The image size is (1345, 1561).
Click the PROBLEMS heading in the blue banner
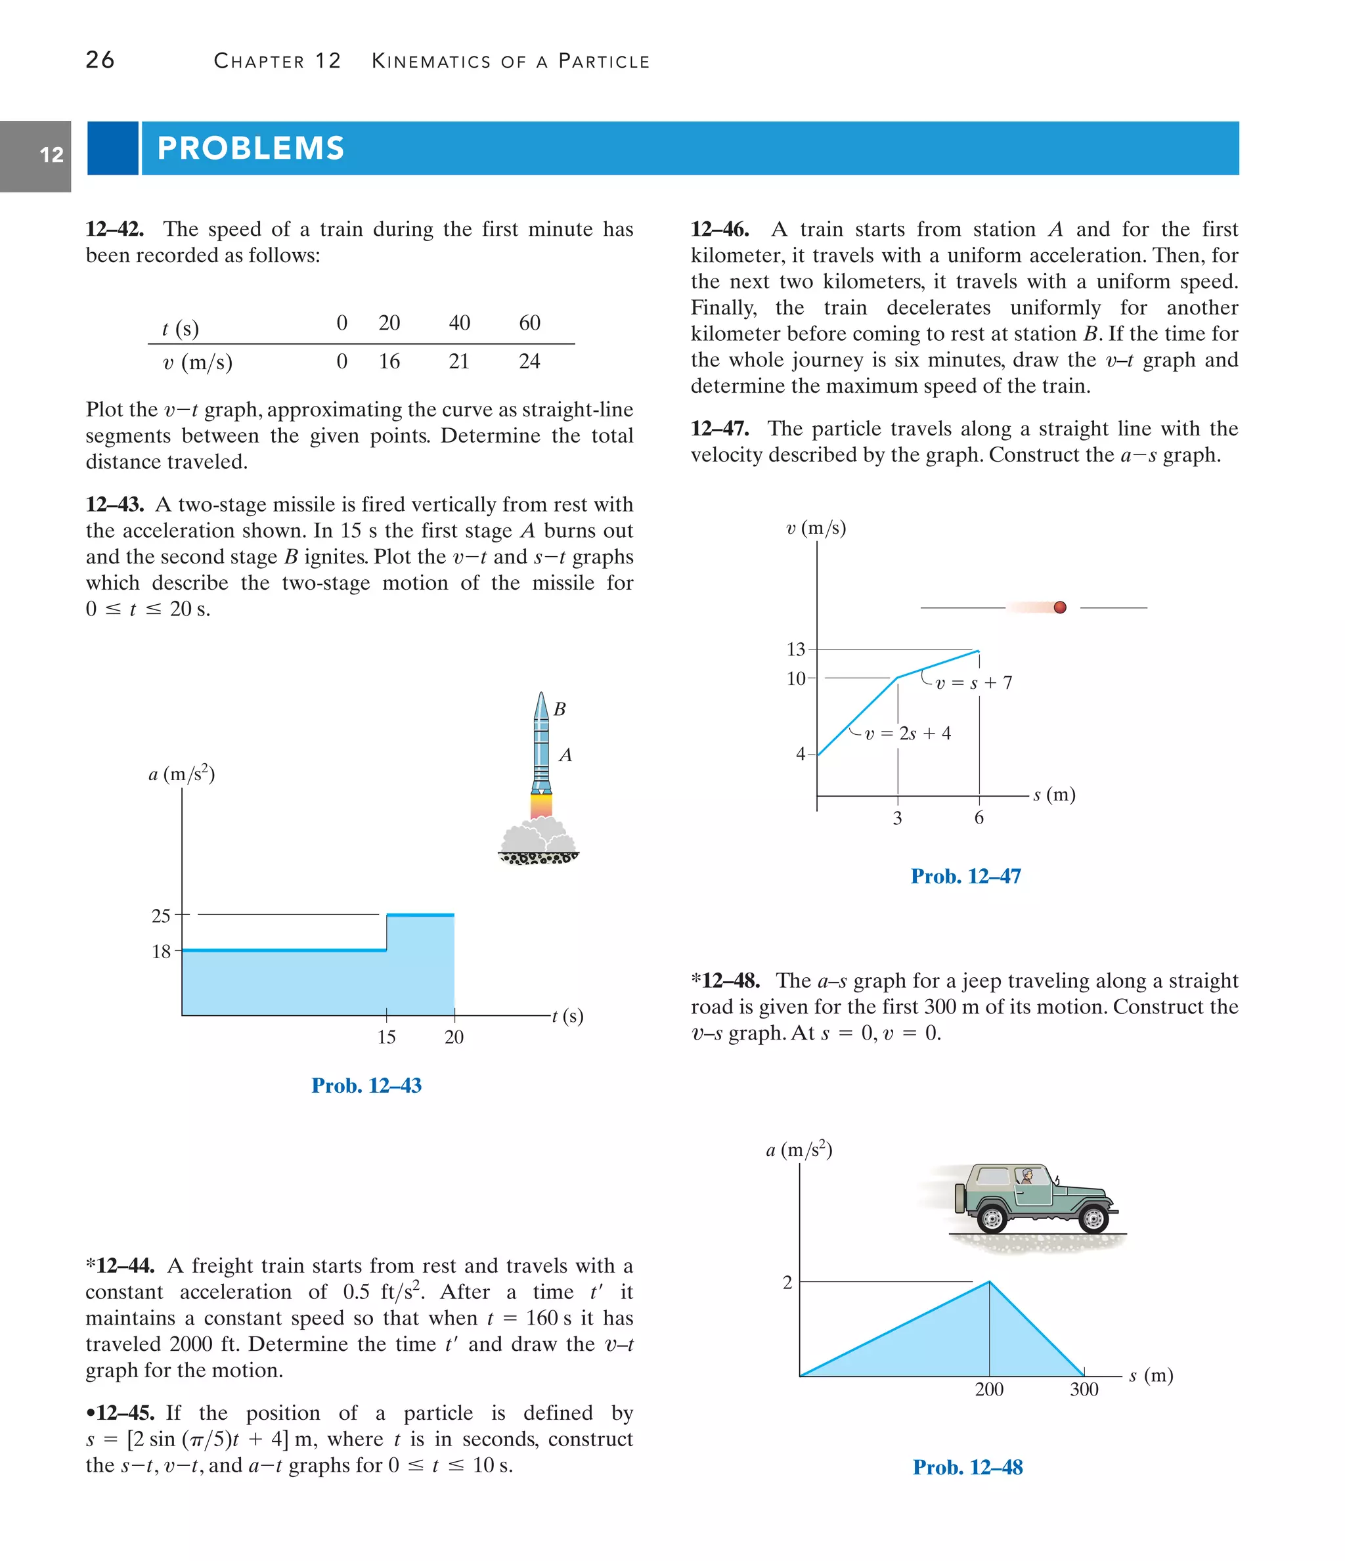(250, 148)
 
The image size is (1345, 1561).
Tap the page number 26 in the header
(100, 60)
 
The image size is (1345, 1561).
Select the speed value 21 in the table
(459, 362)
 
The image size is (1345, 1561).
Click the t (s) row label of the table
(180, 328)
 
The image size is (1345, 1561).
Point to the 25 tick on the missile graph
(162, 915)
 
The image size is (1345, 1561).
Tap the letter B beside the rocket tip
(559, 709)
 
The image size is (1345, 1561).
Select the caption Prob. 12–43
(366, 1086)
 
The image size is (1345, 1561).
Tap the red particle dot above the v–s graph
(1059, 607)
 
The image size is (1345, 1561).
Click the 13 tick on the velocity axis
(796, 649)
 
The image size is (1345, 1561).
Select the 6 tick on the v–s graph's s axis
(978, 818)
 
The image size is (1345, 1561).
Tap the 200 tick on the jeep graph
(988, 1389)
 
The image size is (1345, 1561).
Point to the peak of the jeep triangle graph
(988, 1281)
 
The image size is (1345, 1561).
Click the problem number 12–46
(720, 229)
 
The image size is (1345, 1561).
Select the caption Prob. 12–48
(967, 1468)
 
